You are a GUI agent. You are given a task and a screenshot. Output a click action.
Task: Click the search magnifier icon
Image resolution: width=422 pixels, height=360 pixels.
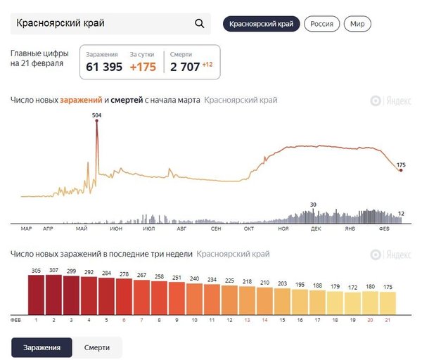199,24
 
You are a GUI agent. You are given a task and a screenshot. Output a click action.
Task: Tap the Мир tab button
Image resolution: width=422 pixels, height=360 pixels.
357,24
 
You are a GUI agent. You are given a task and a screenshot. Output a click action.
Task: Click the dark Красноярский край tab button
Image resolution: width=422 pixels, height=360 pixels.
262,24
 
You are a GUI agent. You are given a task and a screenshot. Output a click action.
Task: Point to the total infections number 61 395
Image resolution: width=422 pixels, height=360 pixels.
104,67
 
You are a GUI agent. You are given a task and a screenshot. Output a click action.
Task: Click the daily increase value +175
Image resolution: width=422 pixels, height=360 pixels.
144,67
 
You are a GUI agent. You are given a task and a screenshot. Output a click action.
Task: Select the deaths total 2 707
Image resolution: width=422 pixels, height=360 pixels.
185,67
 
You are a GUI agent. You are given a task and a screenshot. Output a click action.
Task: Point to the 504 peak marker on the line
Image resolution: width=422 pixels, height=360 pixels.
97,122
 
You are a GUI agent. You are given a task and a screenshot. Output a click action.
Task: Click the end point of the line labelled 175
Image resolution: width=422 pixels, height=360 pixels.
401,170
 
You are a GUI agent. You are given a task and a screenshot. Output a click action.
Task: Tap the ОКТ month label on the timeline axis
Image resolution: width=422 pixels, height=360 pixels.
249,229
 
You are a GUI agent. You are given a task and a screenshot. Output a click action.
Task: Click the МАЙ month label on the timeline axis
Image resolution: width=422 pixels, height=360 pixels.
82,229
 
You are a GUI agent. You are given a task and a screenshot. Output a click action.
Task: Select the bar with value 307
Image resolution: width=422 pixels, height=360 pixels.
54,294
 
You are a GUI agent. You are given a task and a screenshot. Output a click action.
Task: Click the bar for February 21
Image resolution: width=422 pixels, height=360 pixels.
388,302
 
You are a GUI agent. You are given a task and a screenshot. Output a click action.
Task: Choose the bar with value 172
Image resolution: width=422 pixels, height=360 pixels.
353,302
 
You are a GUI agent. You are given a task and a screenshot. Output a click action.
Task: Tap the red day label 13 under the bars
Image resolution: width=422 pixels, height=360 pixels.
247,320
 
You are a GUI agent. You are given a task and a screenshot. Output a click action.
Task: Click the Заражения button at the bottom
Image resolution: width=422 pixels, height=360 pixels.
41,347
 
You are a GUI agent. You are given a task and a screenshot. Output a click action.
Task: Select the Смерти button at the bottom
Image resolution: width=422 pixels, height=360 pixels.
97,347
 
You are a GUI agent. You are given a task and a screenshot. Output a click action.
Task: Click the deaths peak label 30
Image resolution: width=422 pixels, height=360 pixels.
314,205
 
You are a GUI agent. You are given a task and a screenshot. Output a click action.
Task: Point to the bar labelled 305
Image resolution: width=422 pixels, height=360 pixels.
37,294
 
